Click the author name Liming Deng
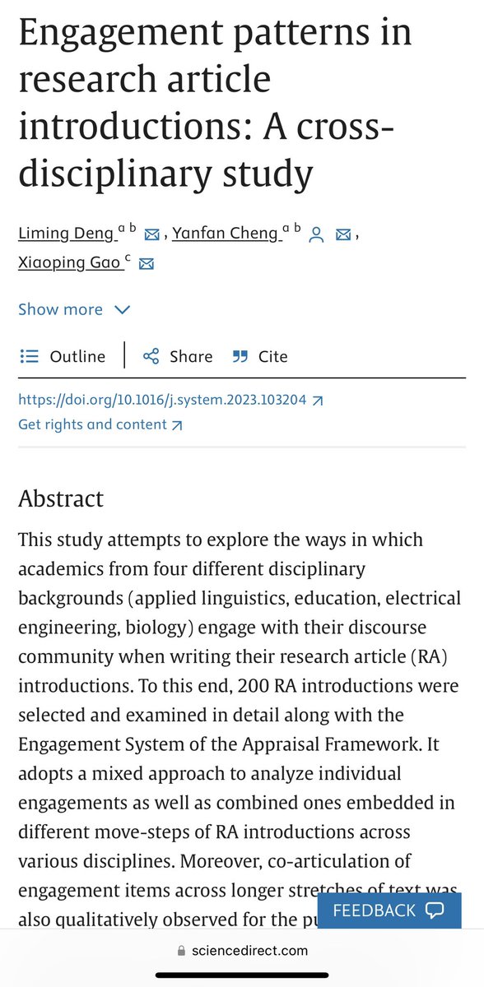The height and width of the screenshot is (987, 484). (x=66, y=234)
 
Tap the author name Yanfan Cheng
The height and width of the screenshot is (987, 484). (x=225, y=234)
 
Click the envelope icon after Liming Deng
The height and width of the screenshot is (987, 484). (x=151, y=235)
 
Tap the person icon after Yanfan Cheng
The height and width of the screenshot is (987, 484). (x=315, y=235)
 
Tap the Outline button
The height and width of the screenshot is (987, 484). (x=63, y=356)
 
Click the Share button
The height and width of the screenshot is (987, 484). (x=178, y=356)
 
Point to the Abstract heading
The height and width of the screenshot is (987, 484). (x=61, y=499)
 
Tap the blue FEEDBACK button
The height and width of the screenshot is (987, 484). (x=389, y=911)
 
